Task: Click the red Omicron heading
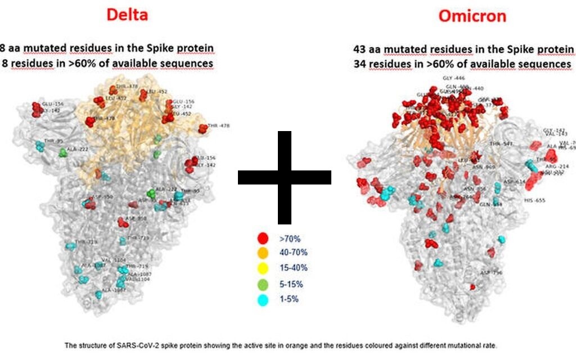pyautogui.click(x=472, y=16)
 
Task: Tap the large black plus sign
pyautogui.click(x=284, y=177)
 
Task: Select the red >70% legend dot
pyautogui.click(x=262, y=238)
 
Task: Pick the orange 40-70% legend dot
pyautogui.click(x=262, y=253)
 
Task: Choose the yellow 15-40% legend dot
pyautogui.click(x=262, y=268)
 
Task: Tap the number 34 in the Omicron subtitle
pyautogui.click(x=359, y=64)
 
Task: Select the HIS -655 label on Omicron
pyautogui.click(x=534, y=200)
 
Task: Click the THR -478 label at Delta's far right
pyautogui.click(x=218, y=126)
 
